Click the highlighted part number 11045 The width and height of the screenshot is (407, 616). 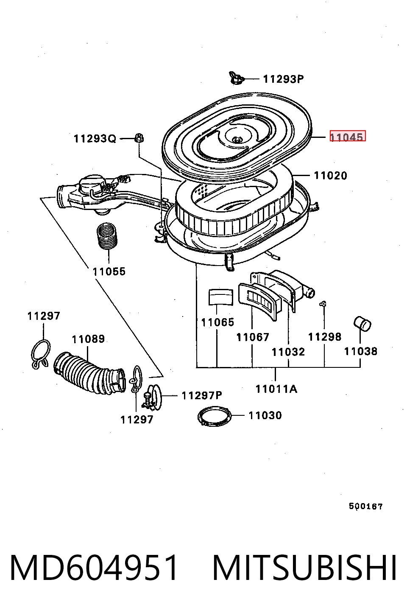348,136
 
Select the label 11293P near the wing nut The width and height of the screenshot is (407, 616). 283,79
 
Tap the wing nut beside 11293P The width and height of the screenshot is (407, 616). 236,78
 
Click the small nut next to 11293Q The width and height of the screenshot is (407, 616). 139,137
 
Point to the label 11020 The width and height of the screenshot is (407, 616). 331,176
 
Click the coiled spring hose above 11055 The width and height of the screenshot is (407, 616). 107,236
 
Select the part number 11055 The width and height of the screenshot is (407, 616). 109,272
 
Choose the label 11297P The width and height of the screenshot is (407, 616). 202,396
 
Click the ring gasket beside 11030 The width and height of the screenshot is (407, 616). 215,417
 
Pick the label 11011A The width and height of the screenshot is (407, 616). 276,389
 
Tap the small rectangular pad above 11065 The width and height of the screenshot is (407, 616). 221,297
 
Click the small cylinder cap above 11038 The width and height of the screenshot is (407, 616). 362,324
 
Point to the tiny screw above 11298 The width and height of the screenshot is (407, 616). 323,304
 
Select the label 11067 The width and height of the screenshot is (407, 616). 253,337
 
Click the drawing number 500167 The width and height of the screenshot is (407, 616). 366,506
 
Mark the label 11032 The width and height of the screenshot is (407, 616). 288,352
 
